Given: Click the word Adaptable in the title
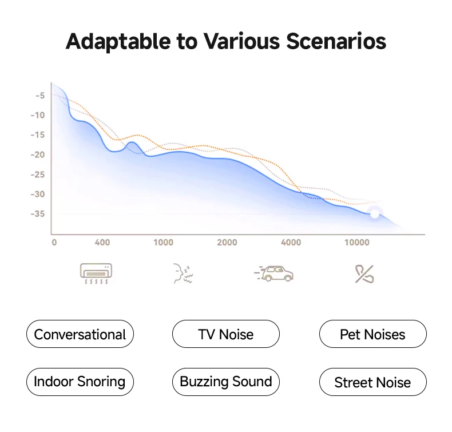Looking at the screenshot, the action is pyautogui.click(x=118, y=42).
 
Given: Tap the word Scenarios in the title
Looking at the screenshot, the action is pyautogui.click(x=336, y=41).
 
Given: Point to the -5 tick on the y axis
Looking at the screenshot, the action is pyautogui.click(x=40, y=96).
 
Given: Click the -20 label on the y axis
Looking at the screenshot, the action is pyautogui.click(x=38, y=154).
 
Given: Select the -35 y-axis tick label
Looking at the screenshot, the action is pyautogui.click(x=38, y=213).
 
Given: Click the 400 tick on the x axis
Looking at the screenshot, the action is pyautogui.click(x=102, y=243).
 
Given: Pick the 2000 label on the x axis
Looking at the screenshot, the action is pyautogui.click(x=227, y=243).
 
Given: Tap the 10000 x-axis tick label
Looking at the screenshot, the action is pyautogui.click(x=357, y=243).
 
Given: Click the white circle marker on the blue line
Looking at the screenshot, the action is pyautogui.click(x=374, y=214).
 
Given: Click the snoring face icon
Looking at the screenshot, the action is pyautogui.click(x=183, y=274).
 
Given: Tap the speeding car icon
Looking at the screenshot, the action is pyautogui.click(x=274, y=274).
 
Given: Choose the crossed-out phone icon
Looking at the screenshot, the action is pyautogui.click(x=364, y=274).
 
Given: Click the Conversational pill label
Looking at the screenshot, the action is pyautogui.click(x=80, y=334).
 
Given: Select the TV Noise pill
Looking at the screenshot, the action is pyautogui.click(x=225, y=334).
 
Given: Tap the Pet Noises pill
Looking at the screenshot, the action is pyautogui.click(x=372, y=334).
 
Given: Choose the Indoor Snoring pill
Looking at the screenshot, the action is pyautogui.click(x=80, y=382).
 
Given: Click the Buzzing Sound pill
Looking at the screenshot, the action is pyautogui.click(x=225, y=382).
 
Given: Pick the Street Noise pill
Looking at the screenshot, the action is pyautogui.click(x=372, y=382).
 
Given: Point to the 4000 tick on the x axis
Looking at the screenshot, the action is pyautogui.click(x=291, y=243).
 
